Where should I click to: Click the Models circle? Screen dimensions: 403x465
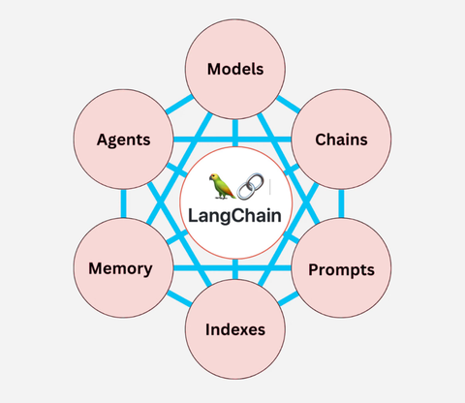tap(233, 69)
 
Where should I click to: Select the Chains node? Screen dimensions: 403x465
tap(341, 139)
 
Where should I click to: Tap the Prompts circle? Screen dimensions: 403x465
tap(341, 267)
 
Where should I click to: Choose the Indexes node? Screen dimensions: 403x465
tap(233, 328)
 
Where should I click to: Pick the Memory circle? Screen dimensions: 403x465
tap(120, 267)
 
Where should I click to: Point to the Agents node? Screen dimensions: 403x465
tap(123, 139)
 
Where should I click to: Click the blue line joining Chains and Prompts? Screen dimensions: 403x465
tap(342, 203)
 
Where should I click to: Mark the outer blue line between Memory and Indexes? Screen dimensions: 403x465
tap(174, 302)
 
